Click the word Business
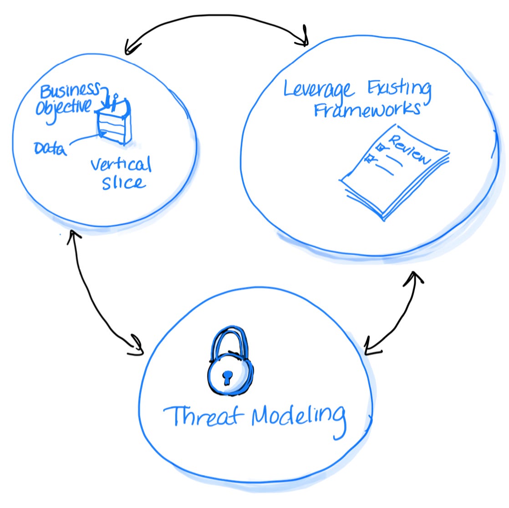click(x=69, y=90)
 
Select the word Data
click(x=50, y=148)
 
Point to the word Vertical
click(x=121, y=164)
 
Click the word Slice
click(x=123, y=183)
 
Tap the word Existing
click(x=399, y=89)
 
